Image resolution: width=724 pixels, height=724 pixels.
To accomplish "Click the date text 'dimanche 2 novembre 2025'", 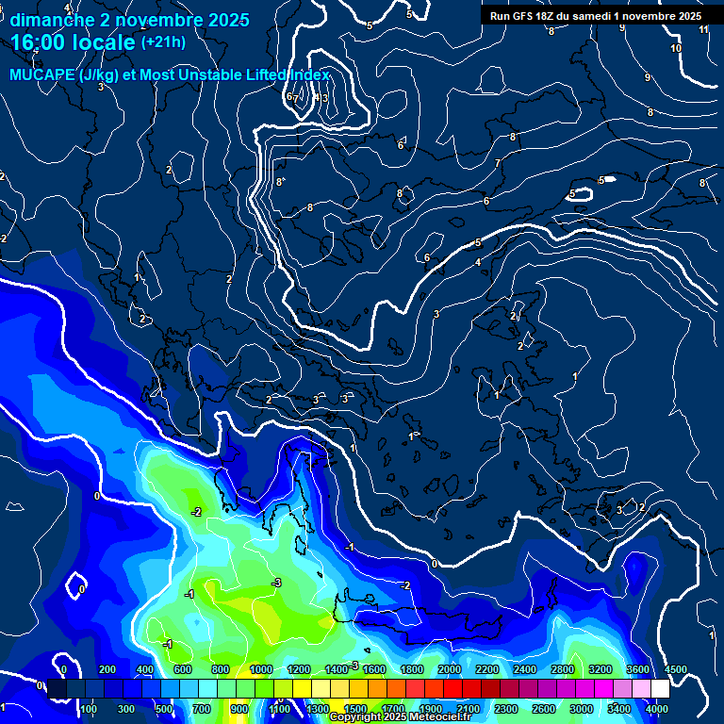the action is [x=129, y=20].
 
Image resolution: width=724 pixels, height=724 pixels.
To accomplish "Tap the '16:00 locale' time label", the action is [x=74, y=42].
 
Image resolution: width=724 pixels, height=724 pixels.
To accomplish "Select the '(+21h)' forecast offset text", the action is [x=163, y=42].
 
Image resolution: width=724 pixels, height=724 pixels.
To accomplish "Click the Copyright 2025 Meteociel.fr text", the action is [x=412, y=717].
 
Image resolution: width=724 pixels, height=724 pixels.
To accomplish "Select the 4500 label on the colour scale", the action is [x=675, y=669].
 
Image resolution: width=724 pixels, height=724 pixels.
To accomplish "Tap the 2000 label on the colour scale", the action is [x=450, y=669].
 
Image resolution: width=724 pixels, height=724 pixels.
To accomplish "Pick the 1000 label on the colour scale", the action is [x=261, y=669].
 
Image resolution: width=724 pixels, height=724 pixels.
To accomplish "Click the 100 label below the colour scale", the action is [x=89, y=709].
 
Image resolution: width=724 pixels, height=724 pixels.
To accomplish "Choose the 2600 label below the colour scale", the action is [x=544, y=709].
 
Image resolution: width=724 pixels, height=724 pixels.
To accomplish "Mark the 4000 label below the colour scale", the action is [x=657, y=709].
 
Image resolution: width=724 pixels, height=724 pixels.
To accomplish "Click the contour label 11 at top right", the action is [x=703, y=30].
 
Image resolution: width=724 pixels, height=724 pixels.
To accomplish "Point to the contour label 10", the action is [x=676, y=48].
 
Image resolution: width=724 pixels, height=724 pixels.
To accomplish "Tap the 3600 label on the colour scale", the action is [x=638, y=669].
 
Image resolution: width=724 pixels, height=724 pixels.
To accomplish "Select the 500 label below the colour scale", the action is [x=164, y=709].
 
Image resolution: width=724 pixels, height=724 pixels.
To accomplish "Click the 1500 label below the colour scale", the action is [x=355, y=709].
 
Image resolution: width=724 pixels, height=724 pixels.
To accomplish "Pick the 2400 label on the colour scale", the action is [x=525, y=669].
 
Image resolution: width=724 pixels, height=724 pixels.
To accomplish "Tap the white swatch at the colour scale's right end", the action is [x=659, y=690].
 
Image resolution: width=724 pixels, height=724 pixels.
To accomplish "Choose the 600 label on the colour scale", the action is [x=183, y=669].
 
